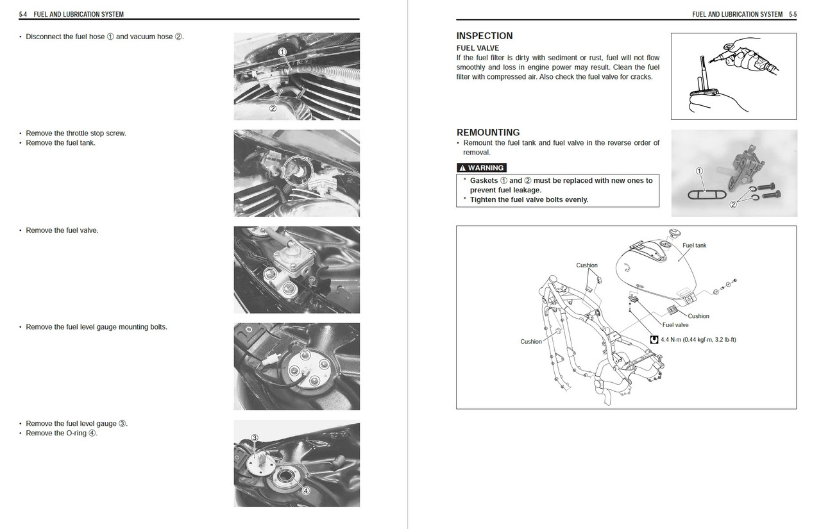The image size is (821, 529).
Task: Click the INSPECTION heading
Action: (x=484, y=36)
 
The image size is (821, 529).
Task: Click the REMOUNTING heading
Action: (x=487, y=133)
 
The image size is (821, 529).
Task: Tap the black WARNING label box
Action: (x=481, y=168)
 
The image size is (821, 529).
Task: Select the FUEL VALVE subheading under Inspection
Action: (x=477, y=48)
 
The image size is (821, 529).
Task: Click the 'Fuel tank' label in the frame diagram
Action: (x=694, y=246)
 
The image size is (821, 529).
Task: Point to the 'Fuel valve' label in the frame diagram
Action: (x=675, y=325)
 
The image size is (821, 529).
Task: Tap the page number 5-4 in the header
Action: (x=23, y=14)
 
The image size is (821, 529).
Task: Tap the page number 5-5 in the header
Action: (x=792, y=14)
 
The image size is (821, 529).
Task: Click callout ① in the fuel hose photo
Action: (x=282, y=51)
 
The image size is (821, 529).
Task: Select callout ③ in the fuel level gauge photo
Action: (x=255, y=438)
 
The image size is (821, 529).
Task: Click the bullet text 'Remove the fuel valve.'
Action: (x=62, y=230)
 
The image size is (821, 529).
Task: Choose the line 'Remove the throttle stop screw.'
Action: (x=76, y=133)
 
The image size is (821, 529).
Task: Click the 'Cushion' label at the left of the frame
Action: (x=530, y=342)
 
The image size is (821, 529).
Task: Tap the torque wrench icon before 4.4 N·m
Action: (x=654, y=339)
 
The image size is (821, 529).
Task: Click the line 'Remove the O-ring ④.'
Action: (x=62, y=433)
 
